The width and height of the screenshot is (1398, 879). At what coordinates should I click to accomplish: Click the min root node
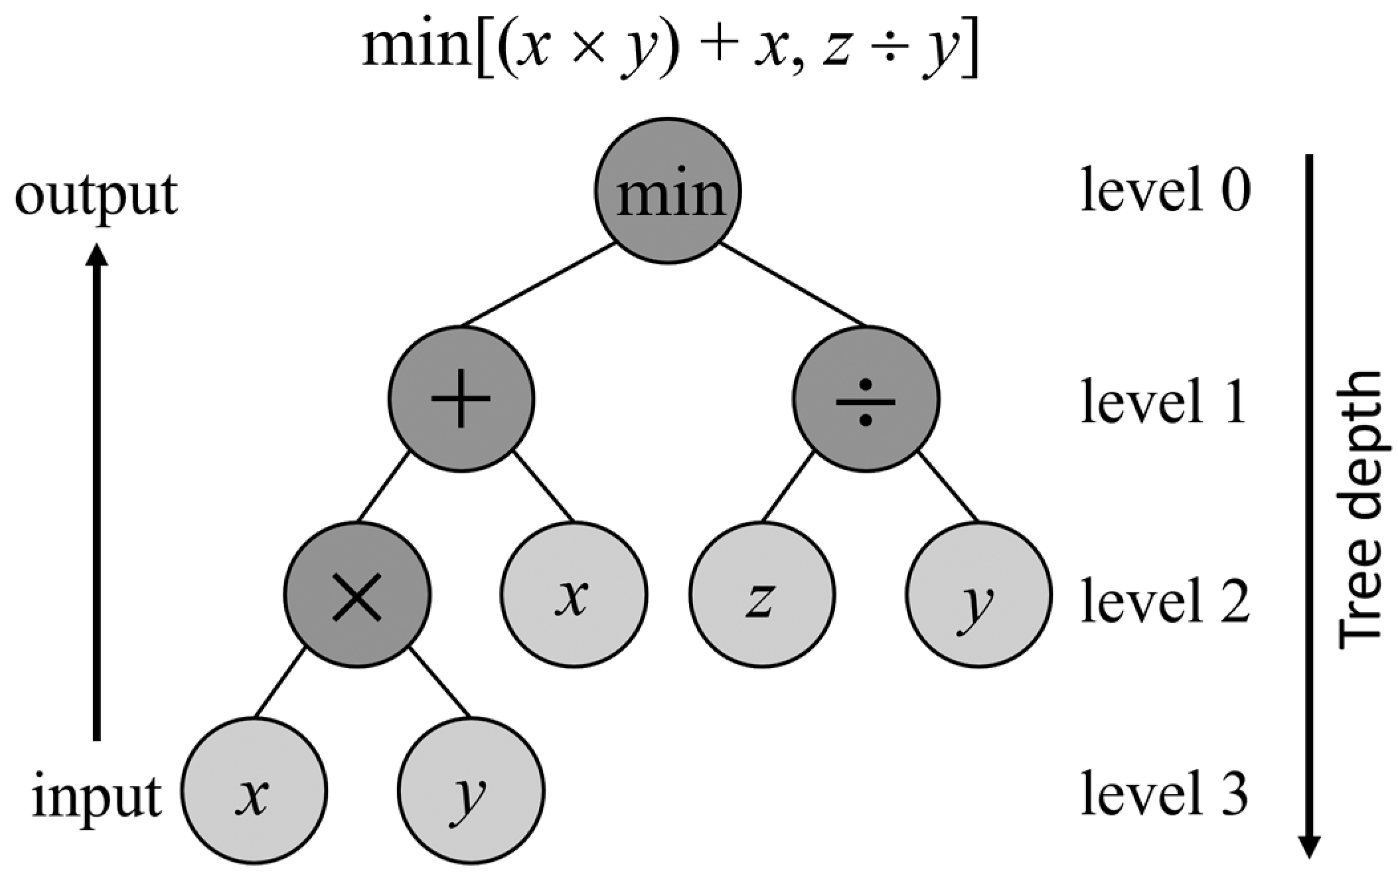[668, 191]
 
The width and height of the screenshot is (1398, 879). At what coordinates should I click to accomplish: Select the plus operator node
[461, 399]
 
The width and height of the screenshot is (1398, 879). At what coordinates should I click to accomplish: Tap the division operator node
[866, 399]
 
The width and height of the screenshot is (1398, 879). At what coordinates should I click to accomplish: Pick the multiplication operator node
[357, 595]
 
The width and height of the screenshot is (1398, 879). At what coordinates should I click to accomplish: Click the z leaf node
[761, 595]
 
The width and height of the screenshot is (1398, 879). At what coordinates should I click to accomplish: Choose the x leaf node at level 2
[574, 595]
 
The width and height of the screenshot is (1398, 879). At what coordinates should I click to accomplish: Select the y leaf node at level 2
[978, 595]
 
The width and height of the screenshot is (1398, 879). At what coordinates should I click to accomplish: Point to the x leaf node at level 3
[254, 791]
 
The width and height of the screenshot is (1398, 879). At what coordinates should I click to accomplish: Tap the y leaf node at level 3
[471, 791]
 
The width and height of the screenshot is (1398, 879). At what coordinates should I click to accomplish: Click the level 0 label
[1165, 191]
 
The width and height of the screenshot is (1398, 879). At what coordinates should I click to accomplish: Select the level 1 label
[1163, 401]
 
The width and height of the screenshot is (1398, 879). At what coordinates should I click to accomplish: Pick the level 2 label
[1165, 600]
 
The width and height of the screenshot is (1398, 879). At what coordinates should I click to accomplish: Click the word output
[96, 196]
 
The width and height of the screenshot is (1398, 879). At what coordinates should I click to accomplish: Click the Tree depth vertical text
[1359, 509]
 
